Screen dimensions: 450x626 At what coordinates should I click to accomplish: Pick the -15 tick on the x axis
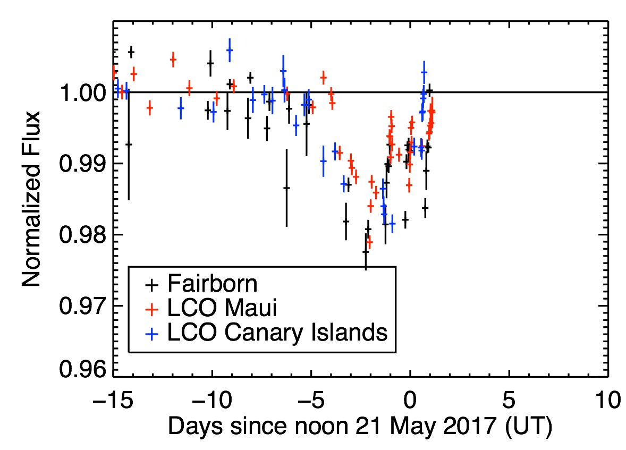click(x=113, y=399)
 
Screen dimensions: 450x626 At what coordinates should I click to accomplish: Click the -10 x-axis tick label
click(x=212, y=399)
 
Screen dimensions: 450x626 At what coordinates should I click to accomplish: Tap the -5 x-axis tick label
click(x=311, y=399)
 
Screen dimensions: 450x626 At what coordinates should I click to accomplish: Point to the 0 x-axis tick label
click(x=410, y=399)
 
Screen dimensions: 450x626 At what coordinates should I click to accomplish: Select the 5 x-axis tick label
click(x=510, y=399)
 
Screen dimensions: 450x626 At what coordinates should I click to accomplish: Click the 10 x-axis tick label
click(x=607, y=399)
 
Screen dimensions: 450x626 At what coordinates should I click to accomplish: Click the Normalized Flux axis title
click(x=32, y=199)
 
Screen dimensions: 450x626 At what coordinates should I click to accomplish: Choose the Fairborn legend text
click(x=212, y=284)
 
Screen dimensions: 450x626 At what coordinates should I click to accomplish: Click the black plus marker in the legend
click(x=153, y=284)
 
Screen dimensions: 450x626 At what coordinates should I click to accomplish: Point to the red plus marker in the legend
click(x=153, y=309)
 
